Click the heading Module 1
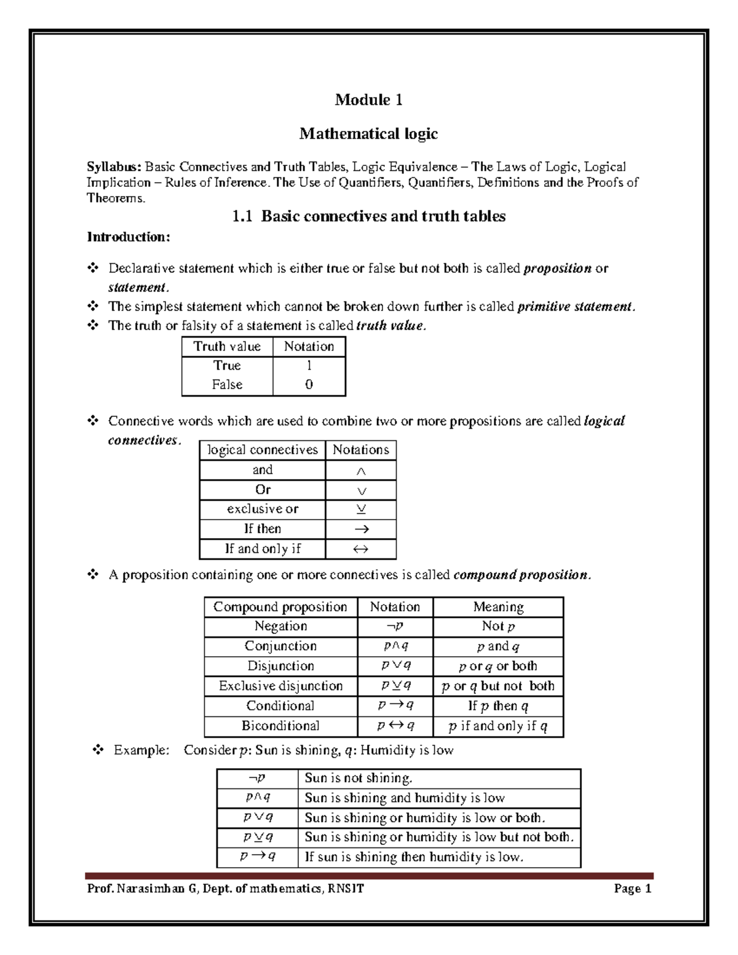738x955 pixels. tap(368, 100)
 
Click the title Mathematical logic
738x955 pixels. tap(368, 133)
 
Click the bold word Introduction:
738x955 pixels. tap(128, 237)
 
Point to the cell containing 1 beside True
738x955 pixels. tap(309, 365)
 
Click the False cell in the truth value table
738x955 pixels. tap(227, 384)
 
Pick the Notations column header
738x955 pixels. tap(360, 450)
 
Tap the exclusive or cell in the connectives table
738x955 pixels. tap(263, 509)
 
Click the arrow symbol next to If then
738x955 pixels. tap(362, 529)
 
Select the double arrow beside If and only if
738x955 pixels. tap(361, 549)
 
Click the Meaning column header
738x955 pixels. tap(498, 607)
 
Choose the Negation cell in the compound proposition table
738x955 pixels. tap(280, 626)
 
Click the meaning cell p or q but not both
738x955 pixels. tap(498, 686)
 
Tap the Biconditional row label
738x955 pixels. tap(280, 726)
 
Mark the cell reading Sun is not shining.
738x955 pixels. tap(359, 778)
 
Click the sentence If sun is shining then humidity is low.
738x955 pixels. tap(414, 857)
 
